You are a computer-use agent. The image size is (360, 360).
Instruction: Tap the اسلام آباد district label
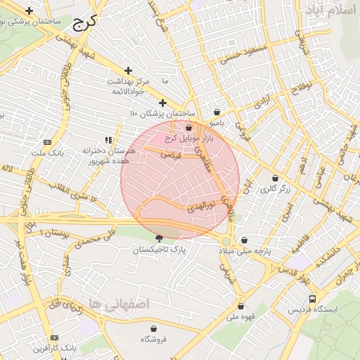(331, 11)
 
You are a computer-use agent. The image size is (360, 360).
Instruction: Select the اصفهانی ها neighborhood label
(116, 304)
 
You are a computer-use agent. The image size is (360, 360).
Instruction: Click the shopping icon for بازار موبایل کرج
(189, 127)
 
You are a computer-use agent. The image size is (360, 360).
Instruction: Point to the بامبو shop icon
(217, 112)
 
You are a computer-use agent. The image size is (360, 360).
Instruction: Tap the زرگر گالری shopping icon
(274, 178)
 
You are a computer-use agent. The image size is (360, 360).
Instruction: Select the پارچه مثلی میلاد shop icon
(244, 240)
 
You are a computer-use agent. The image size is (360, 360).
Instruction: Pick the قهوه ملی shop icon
(241, 306)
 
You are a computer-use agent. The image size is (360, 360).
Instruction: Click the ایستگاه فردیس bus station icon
(312, 298)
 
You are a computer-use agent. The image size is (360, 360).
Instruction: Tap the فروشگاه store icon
(154, 328)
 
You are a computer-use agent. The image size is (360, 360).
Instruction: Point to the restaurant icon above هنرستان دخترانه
(108, 140)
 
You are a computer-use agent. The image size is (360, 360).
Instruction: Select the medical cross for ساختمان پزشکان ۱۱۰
(162, 103)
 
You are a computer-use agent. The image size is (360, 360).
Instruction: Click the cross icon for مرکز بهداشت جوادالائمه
(128, 70)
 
